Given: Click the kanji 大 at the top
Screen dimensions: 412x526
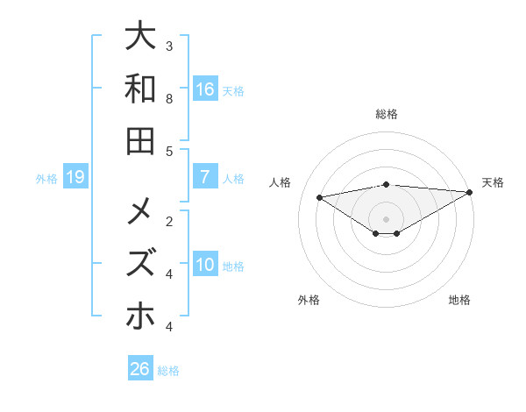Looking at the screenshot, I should [x=140, y=39].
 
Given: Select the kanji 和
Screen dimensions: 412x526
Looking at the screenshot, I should [x=140, y=89].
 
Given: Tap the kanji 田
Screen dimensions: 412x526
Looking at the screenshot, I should [x=140, y=140].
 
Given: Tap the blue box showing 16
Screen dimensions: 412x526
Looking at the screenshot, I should [x=205, y=89].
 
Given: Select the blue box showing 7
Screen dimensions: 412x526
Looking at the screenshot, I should [x=205, y=177].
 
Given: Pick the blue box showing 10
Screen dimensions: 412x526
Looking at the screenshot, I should [x=205, y=265].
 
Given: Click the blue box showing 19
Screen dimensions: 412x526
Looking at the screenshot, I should [x=75, y=177].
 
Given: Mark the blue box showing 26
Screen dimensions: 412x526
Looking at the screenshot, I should [x=140, y=369].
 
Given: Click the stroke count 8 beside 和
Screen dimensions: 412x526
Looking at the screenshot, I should [x=169, y=99].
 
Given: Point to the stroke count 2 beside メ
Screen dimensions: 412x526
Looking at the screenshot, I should [x=169, y=221].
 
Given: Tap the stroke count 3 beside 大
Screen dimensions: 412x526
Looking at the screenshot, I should [x=169, y=46].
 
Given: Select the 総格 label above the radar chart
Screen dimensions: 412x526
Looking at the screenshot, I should [x=387, y=114].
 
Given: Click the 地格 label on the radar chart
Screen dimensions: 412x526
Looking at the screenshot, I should [x=459, y=300].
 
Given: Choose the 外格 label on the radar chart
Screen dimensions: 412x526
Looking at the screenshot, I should [x=309, y=300].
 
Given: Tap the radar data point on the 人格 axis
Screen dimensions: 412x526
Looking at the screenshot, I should [x=320, y=196].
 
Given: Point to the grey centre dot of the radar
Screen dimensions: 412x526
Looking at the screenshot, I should [x=387, y=218].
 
